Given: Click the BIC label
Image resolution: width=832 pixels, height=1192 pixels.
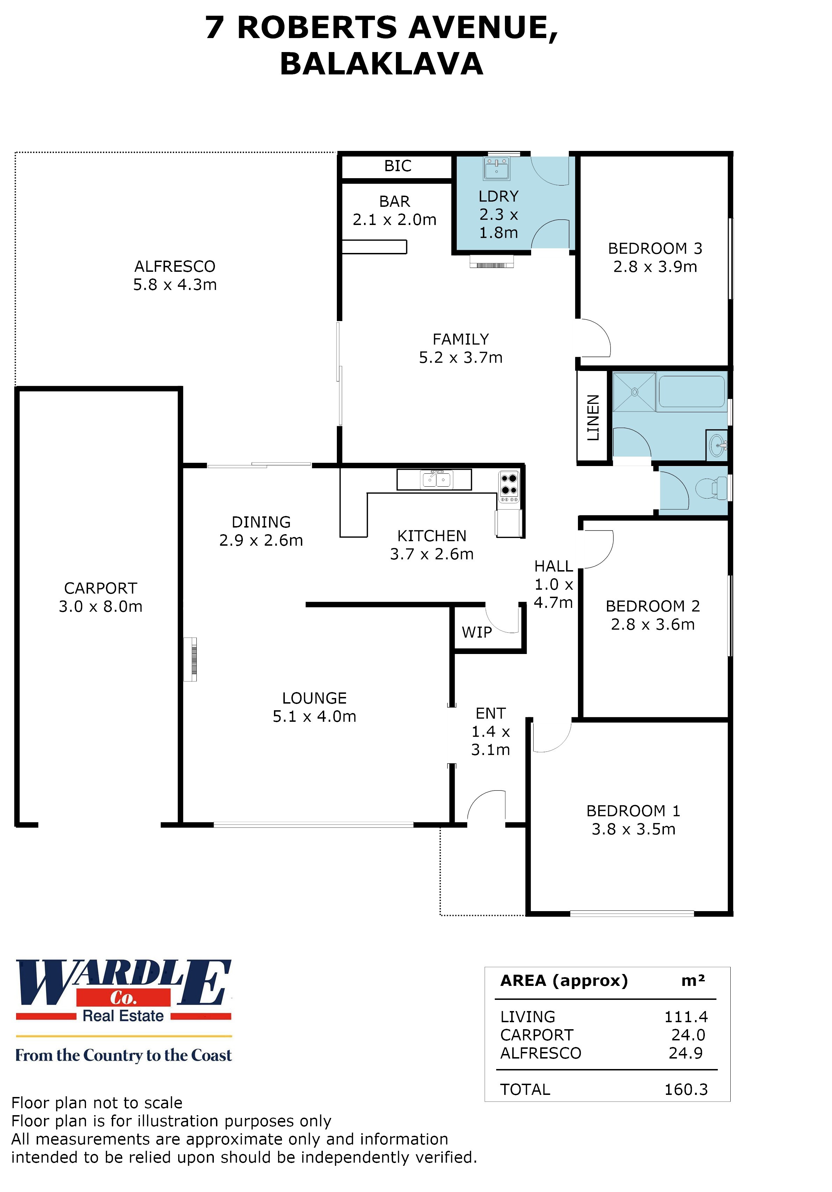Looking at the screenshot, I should coord(397,166).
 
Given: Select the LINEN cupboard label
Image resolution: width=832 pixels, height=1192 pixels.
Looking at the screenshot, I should coord(593,417).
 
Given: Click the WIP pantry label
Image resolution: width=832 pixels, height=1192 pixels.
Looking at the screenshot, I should coord(476,632).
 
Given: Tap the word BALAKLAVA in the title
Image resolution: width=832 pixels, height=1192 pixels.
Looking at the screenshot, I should coord(381,64).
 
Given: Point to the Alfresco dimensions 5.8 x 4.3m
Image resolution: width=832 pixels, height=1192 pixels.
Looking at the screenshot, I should coord(174,284).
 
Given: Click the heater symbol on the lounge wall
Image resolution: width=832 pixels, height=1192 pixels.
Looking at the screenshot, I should coord(190,659).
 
